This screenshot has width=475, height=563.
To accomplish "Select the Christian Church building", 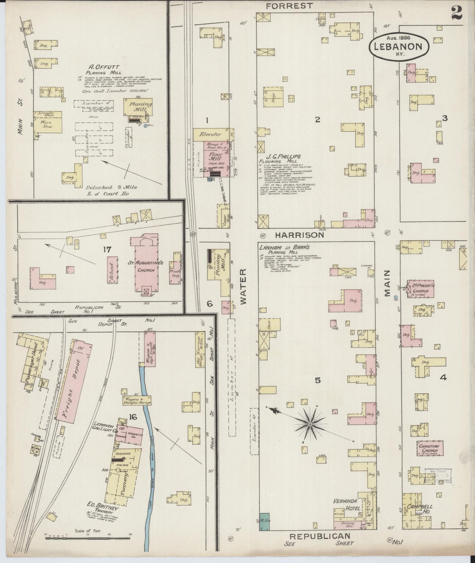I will [x=430, y=448].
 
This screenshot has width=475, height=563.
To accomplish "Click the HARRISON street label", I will [x=299, y=235].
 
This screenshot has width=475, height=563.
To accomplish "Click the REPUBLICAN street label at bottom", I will [x=319, y=536].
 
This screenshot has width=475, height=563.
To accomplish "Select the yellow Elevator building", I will [x=213, y=134].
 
